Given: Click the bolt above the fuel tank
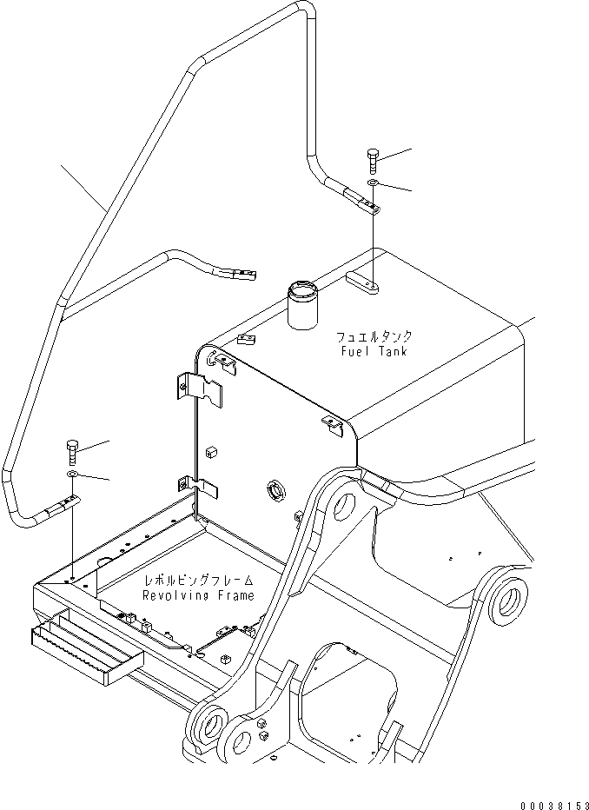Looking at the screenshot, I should click(x=373, y=159).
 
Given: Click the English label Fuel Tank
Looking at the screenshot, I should click(x=375, y=351).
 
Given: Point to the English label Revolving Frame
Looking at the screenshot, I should click(x=200, y=595).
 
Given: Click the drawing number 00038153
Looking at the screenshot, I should click(x=549, y=804).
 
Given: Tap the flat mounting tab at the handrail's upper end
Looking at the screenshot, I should click(x=363, y=203).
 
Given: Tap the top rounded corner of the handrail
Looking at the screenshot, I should click(x=300, y=10).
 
